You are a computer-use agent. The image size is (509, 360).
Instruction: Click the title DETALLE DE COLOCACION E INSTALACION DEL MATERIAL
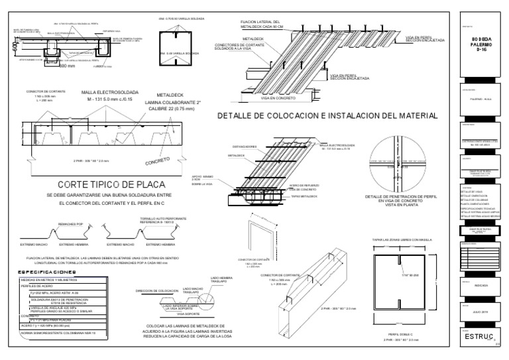(327, 115)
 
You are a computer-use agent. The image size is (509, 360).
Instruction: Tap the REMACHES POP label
(70, 225)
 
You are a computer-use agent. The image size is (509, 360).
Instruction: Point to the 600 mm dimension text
(66, 66)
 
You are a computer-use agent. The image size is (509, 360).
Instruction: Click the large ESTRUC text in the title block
(478, 337)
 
